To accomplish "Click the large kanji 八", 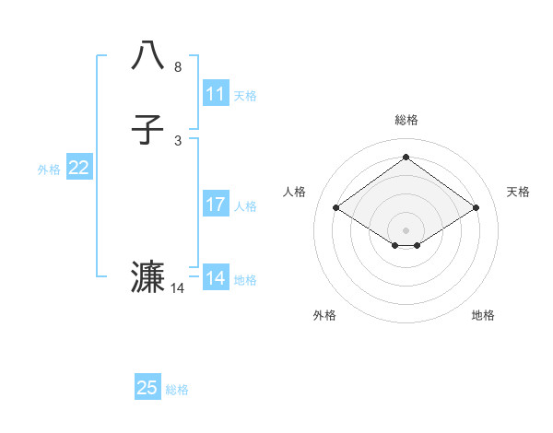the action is pyautogui.click(x=148, y=54).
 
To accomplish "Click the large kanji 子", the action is pyautogui.click(x=148, y=130).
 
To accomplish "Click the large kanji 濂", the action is pyautogui.click(x=148, y=276).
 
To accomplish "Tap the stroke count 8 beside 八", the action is pyautogui.click(x=177, y=67).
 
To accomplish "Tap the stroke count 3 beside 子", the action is pyautogui.click(x=177, y=140).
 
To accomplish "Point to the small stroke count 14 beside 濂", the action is pyautogui.click(x=178, y=288).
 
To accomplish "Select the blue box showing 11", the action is pyautogui.click(x=216, y=94).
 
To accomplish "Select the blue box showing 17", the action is pyautogui.click(x=216, y=205).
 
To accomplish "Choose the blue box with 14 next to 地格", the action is pyautogui.click(x=216, y=278).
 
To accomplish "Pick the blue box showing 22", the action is pyautogui.click(x=79, y=168).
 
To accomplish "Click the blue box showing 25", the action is pyautogui.click(x=147, y=388).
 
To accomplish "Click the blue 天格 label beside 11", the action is pyautogui.click(x=245, y=96).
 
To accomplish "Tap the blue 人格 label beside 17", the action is pyautogui.click(x=245, y=206).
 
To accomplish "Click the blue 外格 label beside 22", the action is pyautogui.click(x=49, y=170).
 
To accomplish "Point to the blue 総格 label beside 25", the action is pyautogui.click(x=177, y=390).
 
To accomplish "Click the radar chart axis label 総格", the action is pyautogui.click(x=406, y=120).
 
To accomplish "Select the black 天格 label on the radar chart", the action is pyautogui.click(x=518, y=192).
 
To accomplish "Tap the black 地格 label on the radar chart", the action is pyautogui.click(x=483, y=315).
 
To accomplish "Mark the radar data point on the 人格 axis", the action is pyautogui.click(x=336, y=208).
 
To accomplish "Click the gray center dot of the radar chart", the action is pyautogui.click(x=406, y=229).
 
